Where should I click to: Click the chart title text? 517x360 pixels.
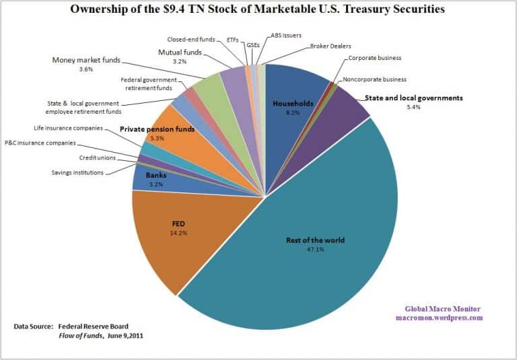click(257, 10)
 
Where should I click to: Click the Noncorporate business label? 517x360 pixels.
click(374, 79)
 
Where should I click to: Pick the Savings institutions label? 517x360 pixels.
click(78, 173)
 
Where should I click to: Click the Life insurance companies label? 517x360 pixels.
click(68, 127)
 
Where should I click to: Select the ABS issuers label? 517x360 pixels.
click(285, 34)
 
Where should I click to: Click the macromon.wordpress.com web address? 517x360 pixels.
click(439, 318)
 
